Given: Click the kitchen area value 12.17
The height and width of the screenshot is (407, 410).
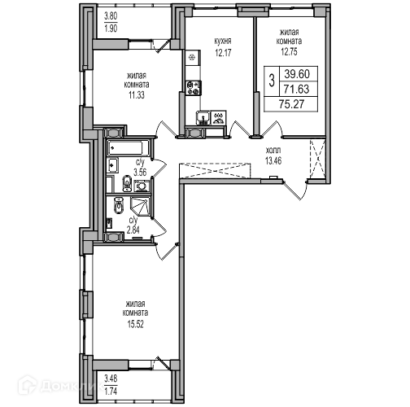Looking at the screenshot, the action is pos(223,52).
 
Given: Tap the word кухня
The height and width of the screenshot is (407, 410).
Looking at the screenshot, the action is pos(223,42).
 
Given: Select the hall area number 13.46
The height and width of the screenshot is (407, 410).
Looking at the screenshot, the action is pos(273,161).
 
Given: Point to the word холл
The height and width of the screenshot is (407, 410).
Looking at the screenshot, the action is pos(273,150).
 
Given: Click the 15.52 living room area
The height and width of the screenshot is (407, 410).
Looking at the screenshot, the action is pos(135,324).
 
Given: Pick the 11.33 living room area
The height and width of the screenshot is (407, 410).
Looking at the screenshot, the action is pos(137,95).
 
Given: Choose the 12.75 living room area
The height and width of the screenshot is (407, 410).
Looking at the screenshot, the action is pos(289,51).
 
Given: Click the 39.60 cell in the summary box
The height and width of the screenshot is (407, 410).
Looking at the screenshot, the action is pos(297,74).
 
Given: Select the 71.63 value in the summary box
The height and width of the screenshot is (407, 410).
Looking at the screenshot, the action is pos(297,89).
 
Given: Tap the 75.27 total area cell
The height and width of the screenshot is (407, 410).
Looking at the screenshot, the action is pos(291,104).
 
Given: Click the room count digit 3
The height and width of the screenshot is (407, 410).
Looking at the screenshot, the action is pos(272,81).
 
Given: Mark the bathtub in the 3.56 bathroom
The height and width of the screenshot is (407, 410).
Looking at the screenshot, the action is pos(128,148).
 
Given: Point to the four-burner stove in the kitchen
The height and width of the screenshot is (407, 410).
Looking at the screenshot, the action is pos(194,88).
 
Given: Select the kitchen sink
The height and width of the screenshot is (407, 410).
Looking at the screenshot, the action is pos(203,117).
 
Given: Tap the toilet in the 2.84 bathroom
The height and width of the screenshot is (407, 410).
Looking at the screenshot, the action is pos(119,205).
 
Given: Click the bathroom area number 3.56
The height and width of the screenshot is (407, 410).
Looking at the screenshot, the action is pos(140,173).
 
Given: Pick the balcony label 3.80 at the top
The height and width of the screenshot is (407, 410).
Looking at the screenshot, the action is pos(111,16).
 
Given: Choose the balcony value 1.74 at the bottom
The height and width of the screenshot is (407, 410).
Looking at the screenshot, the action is pos(111,392).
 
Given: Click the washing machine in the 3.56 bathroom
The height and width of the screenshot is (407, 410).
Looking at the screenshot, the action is pos(141,186).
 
